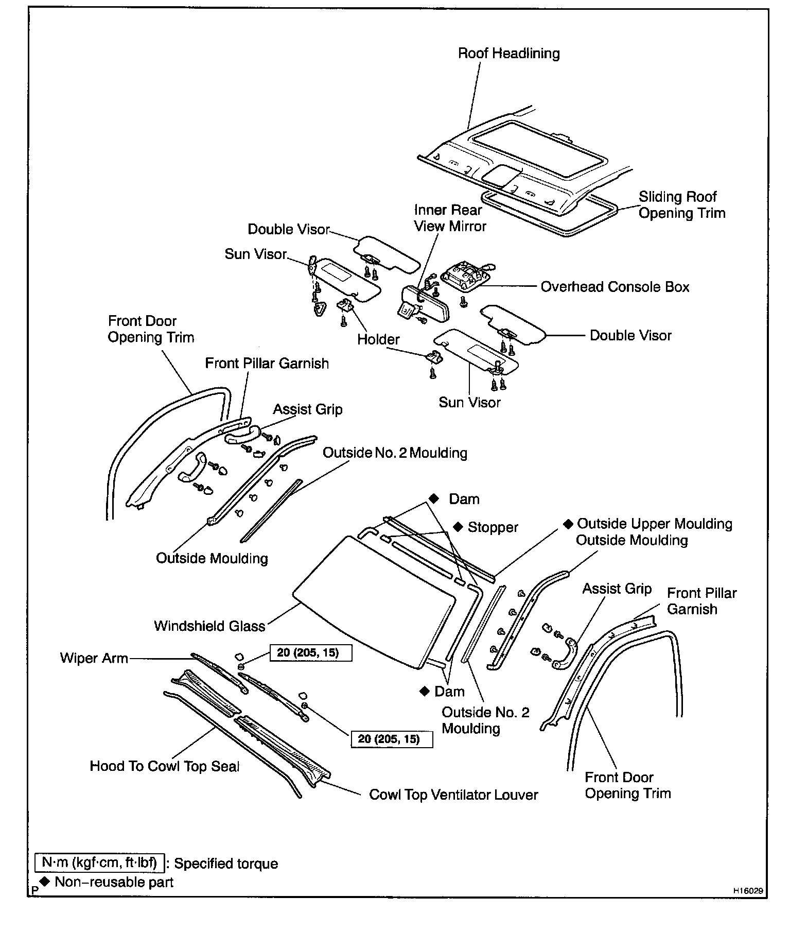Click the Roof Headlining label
tap(508, 54)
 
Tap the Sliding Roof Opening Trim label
tap(681, 205)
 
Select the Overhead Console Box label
tap(615, 287)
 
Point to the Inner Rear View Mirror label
tap(450, 218)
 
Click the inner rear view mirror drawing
tap(425, 303)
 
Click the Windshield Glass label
tap(209, 626)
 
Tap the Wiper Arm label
tap(94, 658)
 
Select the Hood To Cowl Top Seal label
tap(165, 766)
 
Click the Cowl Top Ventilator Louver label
tap(453, 795)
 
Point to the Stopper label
tap(493, 527)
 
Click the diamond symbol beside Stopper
tap(458, 527)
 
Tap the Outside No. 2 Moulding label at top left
tap(395, 453)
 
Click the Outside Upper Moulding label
tap(654, 524)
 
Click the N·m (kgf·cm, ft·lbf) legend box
tap(99, 863)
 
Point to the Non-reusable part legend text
tap(114, 882)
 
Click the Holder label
tap(378, 339)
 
